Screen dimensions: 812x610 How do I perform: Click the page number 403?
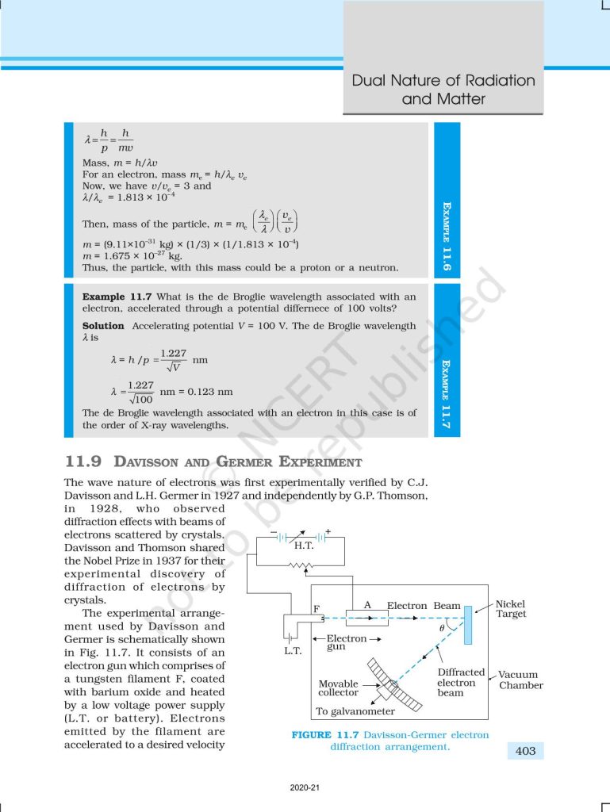point(525,750)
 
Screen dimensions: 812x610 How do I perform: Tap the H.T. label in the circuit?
point(304,546)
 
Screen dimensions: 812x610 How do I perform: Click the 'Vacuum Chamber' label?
point(520,680)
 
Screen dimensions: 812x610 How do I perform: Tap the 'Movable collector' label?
point(339,688)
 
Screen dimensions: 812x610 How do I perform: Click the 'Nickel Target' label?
point(511,609)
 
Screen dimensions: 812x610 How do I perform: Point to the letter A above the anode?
point(367,604)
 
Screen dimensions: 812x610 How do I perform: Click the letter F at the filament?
point(316,608)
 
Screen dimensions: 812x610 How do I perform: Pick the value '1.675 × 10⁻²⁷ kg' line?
point(132,256)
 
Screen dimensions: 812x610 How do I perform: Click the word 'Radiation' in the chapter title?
point(488,81)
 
